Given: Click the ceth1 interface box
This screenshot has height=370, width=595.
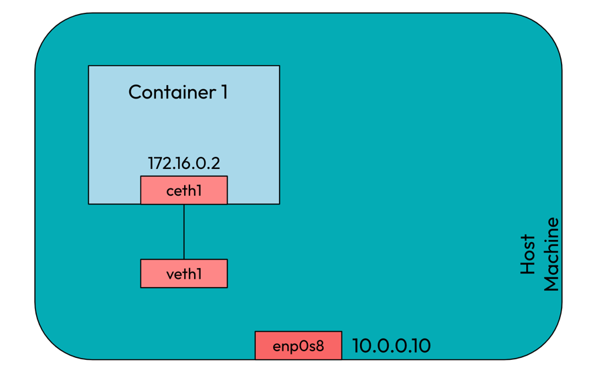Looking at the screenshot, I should (184, 190).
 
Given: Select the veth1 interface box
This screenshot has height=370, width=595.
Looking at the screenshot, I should (184, 273).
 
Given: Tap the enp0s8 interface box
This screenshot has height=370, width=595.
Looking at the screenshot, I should (299, 346).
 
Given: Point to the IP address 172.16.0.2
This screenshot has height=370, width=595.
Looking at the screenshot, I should (184, 163).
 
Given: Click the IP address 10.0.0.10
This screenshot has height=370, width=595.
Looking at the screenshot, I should (392, 346).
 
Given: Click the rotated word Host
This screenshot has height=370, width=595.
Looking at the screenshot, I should (528, 254).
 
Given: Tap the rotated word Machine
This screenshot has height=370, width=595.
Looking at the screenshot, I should (551, 254).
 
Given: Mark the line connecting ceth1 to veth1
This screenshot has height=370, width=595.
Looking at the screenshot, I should (184, 231).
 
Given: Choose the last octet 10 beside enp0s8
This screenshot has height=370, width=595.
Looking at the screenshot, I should (420, 346).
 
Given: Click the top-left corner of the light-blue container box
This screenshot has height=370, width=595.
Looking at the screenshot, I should (89, 66).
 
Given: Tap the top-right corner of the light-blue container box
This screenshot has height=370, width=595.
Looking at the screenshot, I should (279, 66).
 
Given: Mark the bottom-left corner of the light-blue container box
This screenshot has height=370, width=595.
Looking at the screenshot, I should (89, 203).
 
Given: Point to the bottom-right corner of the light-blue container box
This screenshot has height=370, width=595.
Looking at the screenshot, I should (279, 203).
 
